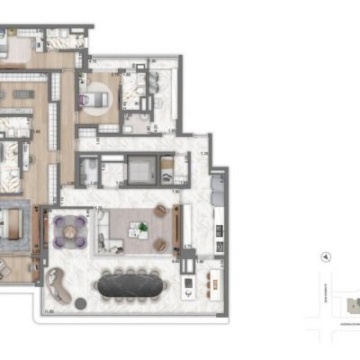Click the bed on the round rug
[x=96, y=99]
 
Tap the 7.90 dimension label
[x=177, y=192]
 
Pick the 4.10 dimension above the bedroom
[x=93, y=62]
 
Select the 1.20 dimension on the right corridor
[x=205, y=154]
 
